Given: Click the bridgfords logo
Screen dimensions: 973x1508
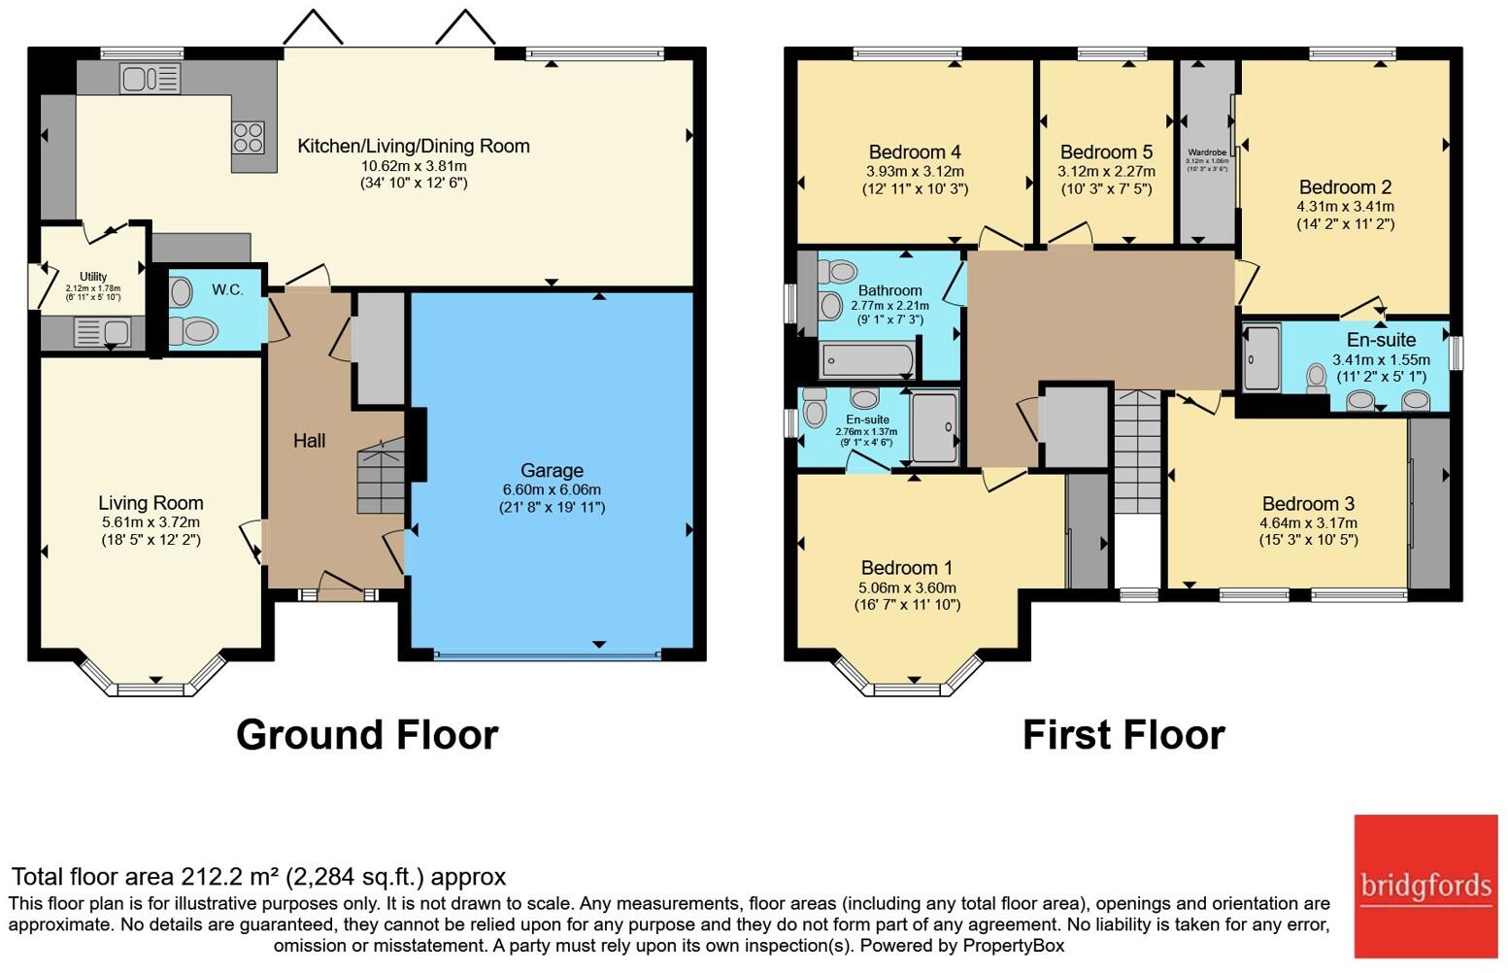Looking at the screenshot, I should coord(1425,886).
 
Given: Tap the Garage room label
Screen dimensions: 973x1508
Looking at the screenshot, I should coord(552,470).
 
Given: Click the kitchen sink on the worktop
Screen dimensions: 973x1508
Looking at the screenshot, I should coord(150,78).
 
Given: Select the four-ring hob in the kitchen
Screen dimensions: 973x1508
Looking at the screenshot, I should coord(248,137).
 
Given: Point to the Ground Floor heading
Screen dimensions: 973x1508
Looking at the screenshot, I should coord(367,735).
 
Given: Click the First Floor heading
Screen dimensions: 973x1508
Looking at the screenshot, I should coord(1123,735).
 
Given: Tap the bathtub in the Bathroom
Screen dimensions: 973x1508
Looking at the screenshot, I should coord(867,360).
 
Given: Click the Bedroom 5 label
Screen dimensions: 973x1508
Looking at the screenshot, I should coord(1106,152).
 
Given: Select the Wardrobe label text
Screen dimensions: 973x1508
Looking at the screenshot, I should coord(1207,152).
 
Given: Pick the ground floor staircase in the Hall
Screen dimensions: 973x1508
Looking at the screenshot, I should coord(381,476).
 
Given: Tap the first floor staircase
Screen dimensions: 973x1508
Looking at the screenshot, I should coord(1137,452).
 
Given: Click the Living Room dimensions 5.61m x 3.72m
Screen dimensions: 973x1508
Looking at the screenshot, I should coord(151,522).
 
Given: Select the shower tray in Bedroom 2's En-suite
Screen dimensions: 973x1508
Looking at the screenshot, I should coord(1261,357).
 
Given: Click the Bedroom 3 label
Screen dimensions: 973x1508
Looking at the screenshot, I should coord(1308,503).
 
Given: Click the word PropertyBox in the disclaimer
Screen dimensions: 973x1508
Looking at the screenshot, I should coord(1013,945).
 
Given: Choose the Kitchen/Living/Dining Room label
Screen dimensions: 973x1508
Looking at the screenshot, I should coord(413,147).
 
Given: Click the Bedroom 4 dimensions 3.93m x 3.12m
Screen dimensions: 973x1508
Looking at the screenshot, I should coord(915,172).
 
